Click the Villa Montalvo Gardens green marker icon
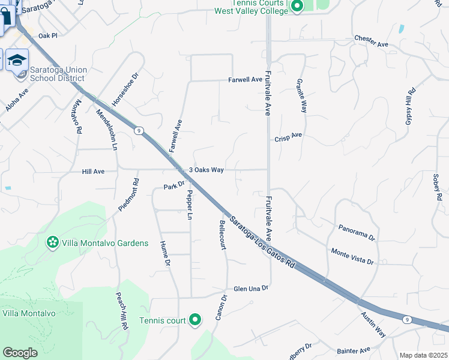click(x=53, y=243)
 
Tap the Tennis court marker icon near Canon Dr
click(x=194, y=320)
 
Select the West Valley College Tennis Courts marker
click(x=296, y=7)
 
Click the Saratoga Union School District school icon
click(x=18, y=60)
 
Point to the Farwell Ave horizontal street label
click(x=245, y=79)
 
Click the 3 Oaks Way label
click(x=206, y=170)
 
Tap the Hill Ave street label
click(x=93, y=172)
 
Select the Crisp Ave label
click(x=288, y=137)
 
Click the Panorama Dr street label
click(x=357, y=233)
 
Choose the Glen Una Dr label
click(x=250, y=288)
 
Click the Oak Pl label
click(x=47, y=36)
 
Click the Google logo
click(x=20, y=353)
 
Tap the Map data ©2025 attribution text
click(x=423, y=355)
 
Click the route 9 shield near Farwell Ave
click(x=139, y=130)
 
